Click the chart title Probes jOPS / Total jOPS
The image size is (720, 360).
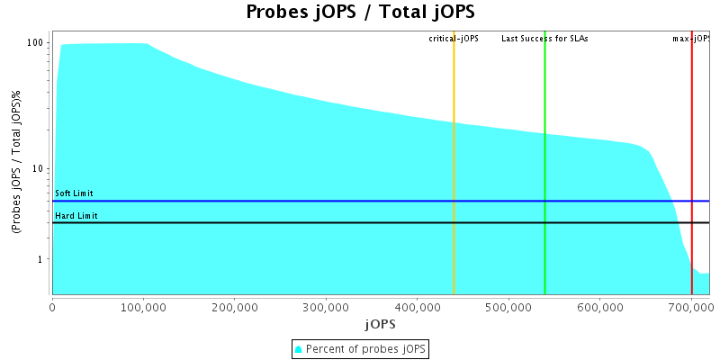(360, 13)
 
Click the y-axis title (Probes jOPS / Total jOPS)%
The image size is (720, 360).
(16, 162)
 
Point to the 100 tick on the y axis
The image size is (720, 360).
(36, 42)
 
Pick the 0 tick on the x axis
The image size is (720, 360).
(53, 306)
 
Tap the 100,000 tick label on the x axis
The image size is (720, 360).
(144, 306)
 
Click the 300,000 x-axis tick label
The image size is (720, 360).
(327, 306)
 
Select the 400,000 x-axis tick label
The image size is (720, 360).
(418, 306)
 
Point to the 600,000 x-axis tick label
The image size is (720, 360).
(600, 306)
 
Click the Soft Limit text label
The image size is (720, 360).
(74, 193)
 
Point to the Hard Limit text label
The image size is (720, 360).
(76, 216)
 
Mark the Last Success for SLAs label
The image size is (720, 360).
(544, 39)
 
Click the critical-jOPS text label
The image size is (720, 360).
(454, 39)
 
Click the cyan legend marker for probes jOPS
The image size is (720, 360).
(299, 348)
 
